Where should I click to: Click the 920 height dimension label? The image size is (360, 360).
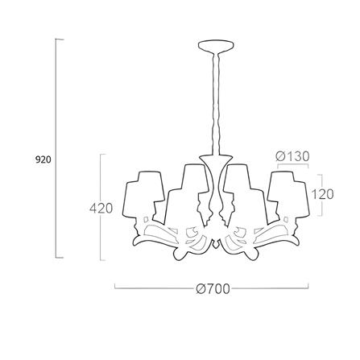point(43,159)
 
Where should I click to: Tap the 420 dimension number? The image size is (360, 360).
point(101,209)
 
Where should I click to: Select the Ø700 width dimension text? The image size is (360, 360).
point(213,289)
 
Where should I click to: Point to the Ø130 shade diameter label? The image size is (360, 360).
point(292,156)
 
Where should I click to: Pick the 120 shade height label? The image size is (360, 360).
point(322,194)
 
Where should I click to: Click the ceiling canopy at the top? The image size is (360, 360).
point(216,46)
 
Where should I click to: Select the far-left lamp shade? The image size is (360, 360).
point(143,196)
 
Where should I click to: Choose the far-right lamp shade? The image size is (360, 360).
point(288,196)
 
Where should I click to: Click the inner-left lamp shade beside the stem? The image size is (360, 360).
point(187,193)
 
